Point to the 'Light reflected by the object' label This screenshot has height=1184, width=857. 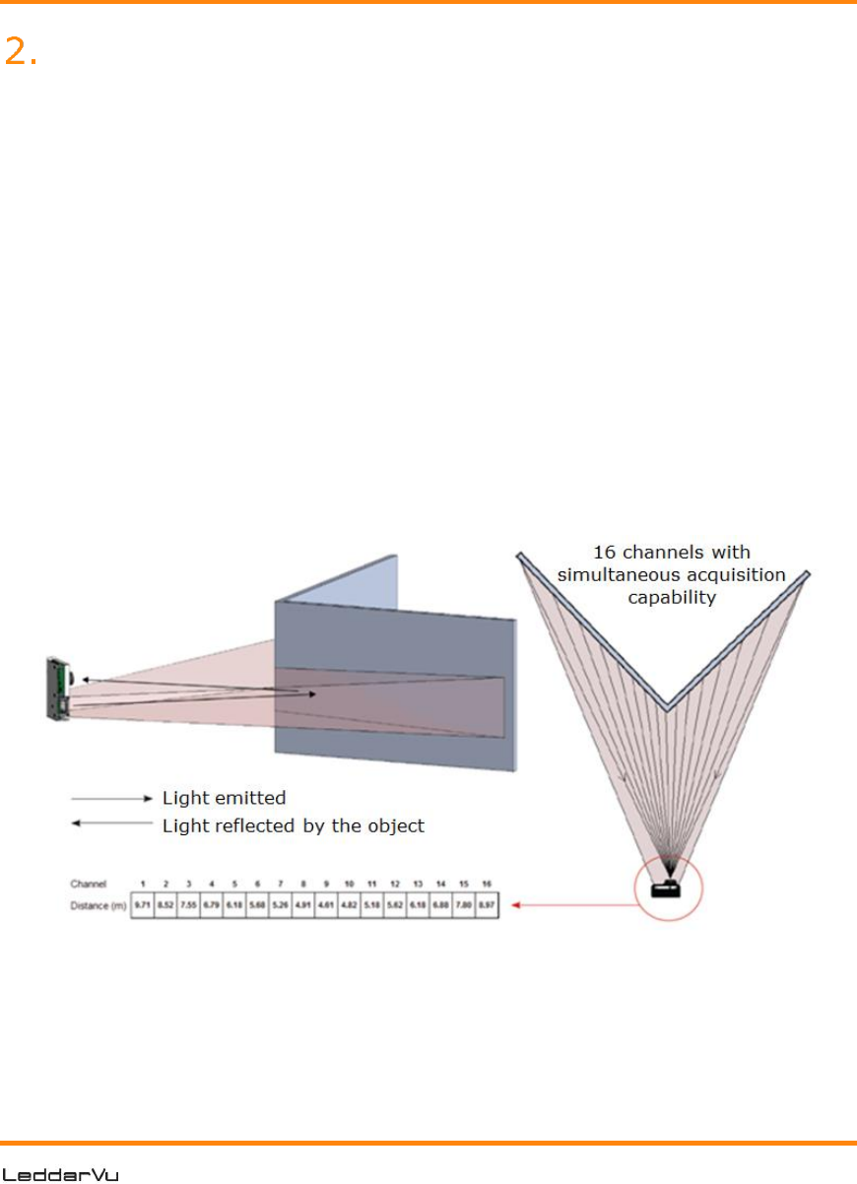click(x=293, y=824)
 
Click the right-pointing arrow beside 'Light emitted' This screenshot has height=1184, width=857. click(x=113, y=797)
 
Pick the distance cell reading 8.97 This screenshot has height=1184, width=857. click(x=488, y=904)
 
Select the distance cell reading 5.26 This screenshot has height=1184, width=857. click(x=281, y=904)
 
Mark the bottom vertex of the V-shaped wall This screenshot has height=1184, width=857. click(x=667, y=707)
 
